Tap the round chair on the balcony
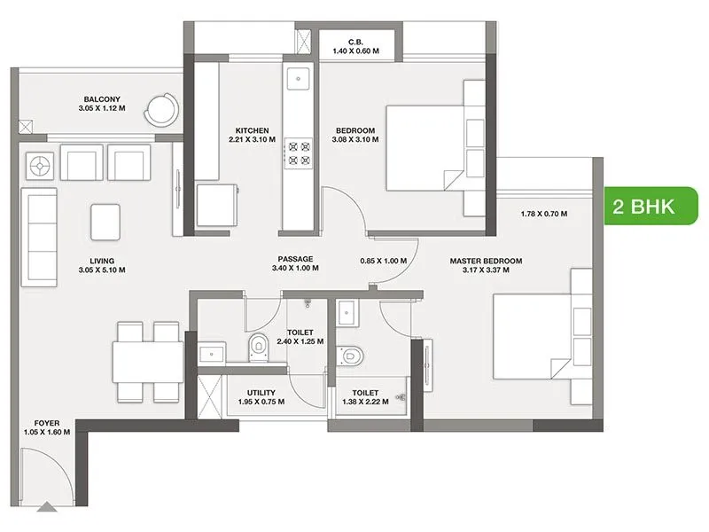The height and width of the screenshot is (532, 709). point(162,109)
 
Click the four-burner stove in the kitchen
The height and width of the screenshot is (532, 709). point(297,153)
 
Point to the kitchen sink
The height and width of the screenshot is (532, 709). point(297,80)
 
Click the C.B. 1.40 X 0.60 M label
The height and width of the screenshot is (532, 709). point(356,46)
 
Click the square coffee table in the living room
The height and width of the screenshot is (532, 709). point(105,220)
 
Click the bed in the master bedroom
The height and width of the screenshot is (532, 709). point(532,338)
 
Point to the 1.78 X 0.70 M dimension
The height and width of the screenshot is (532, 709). point(543,214)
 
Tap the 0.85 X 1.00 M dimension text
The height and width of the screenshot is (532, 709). point(384,261)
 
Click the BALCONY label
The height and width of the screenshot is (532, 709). point(103,105)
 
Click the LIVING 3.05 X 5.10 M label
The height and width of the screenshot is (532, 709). point(101,265)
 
